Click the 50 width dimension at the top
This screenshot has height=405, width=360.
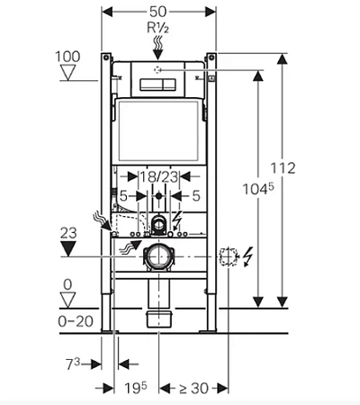157,12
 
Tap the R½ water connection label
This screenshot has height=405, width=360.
157,28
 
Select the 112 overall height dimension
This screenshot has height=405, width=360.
283,168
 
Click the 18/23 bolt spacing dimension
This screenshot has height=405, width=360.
158,177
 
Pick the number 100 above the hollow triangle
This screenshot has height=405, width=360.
67,57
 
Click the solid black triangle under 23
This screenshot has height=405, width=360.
68,249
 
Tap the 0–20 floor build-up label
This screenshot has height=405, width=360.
76,321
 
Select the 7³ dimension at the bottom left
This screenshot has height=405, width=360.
73,364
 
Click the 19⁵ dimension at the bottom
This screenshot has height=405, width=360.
136,389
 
